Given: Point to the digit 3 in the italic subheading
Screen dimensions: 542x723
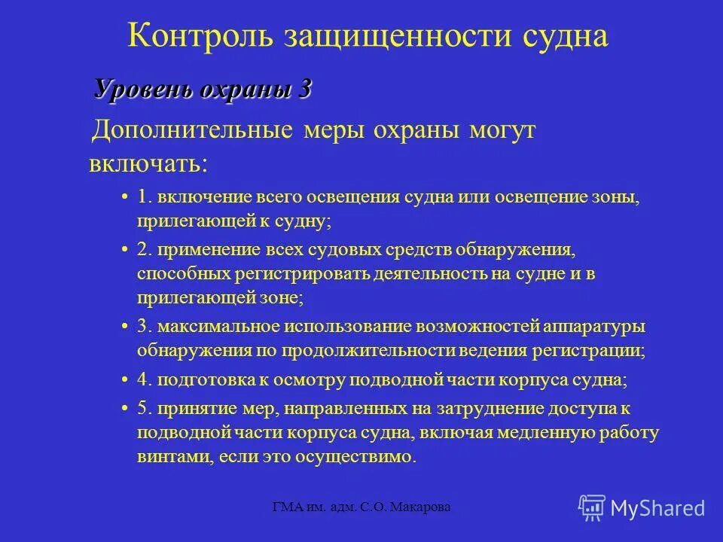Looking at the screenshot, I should [304, 89].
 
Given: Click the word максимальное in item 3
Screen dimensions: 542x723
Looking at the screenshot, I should [218, 327].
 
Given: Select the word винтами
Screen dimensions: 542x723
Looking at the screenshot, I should [166, 457].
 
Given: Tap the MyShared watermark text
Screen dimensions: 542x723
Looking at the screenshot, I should [658, 508].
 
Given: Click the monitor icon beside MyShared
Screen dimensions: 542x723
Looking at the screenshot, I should [592, 507].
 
